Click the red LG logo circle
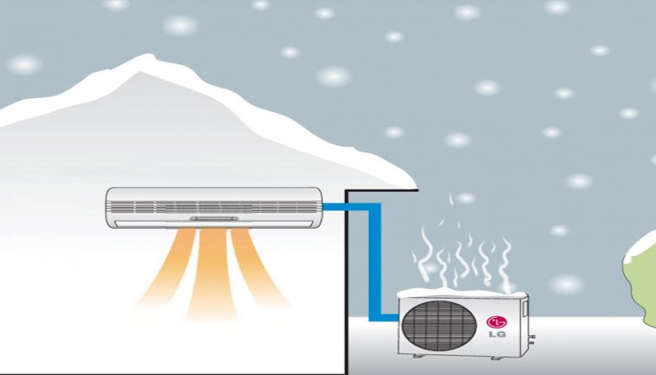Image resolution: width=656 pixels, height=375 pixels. point(496,322)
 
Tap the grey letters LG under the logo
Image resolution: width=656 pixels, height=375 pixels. point(497,335)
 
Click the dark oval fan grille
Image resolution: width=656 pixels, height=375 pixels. point(439,325)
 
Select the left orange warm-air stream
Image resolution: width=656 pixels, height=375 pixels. point(168,266)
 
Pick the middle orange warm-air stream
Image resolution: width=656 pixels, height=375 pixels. point(212,273)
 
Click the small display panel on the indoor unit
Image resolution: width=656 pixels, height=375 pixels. point(215,219)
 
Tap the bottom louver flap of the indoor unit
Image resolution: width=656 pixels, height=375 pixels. point(214,224)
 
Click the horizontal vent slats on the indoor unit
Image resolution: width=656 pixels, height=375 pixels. point(214,206)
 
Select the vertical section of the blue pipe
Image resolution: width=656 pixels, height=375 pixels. point(375,262)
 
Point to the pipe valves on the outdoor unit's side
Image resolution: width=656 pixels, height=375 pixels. point(532,339)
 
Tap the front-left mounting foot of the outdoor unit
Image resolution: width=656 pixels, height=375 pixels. point(418,356)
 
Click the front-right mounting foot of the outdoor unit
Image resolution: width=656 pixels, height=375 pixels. point(497,358)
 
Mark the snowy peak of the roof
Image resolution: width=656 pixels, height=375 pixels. point(147,59)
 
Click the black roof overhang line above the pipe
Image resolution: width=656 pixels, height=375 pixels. point(381,190)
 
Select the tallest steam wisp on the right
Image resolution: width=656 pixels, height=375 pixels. point(506,265)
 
